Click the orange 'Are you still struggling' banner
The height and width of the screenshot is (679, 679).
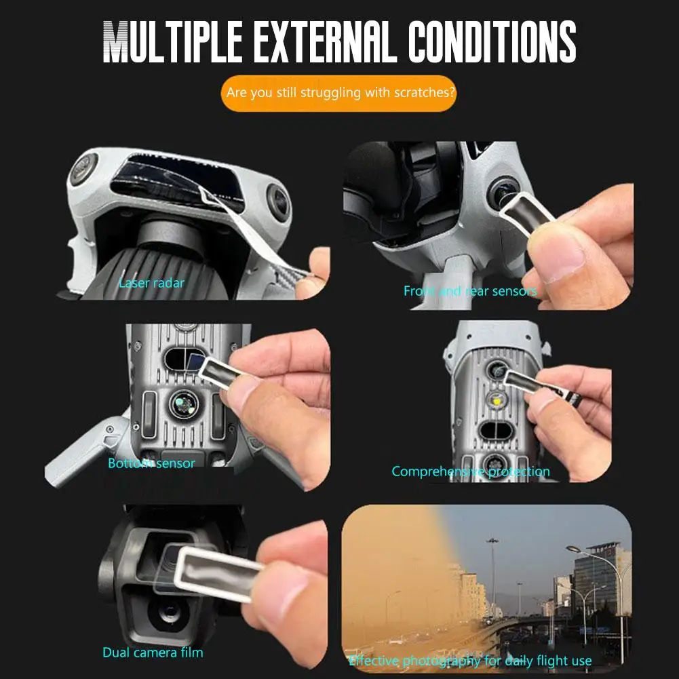pos(338,92)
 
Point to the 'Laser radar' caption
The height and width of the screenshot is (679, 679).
pos(151,283)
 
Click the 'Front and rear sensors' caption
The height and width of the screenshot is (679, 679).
pos(470,291)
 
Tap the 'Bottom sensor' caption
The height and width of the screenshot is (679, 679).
pos(151,463)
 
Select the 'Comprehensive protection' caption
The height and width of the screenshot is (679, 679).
pos(471,471)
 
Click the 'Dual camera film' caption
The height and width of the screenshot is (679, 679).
pos(153,653)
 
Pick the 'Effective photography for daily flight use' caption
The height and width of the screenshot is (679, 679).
pos(470,660)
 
